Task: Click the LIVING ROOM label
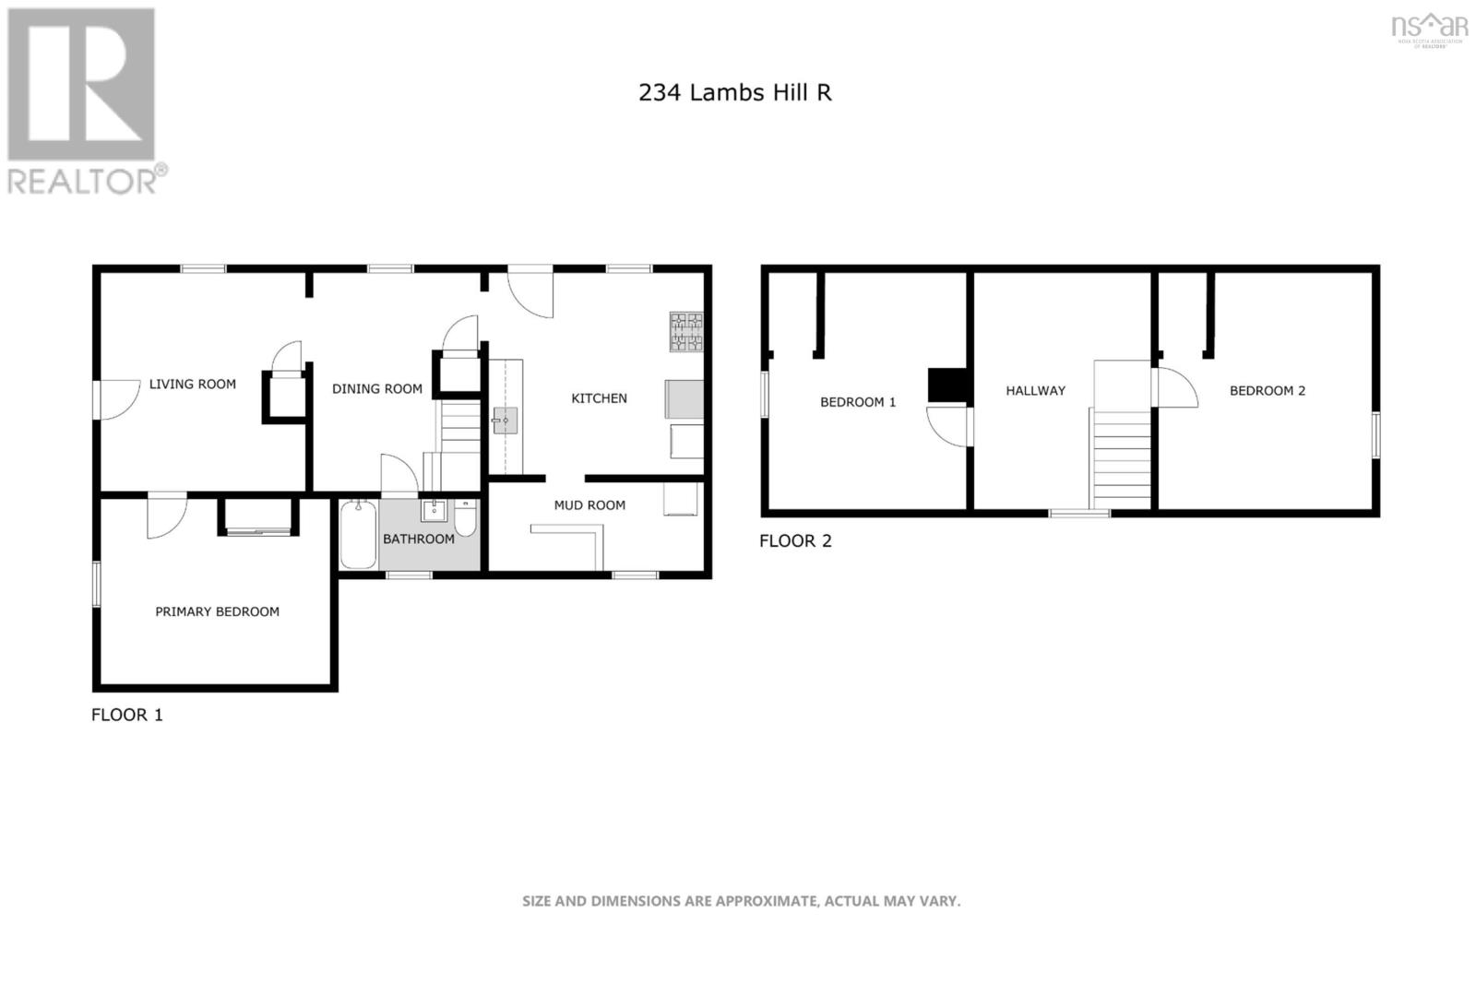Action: pyautogui.click(x=192, y=385)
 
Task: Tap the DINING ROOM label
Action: pyautogui.click(x=376, y=389)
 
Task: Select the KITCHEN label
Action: pyautogui.click(x=599, y=398)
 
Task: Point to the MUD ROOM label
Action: pyautogui.click(x=589, y=505)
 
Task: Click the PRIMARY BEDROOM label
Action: pyautogui.click(x=217, y=611)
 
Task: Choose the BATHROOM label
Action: pyautogui.click(x=418, y=539)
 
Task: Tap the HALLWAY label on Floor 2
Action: pyautogui.click(x=1035, y=391)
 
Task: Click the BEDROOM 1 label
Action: pyautogui.click(x=858, y=402)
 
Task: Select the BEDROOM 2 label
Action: pyautogui.click(x=1267, y=391)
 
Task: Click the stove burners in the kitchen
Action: pyautogui.click(x=685, y=332)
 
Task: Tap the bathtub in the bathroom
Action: pyautogui.click(x=358, y=535)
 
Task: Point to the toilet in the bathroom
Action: pyautogui.click(x=466, y=519)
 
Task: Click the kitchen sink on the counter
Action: pyautogui.click(x=505, y=421)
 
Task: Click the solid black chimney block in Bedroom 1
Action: pyautogui.click(x=946, y=385)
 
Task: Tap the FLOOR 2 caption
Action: pyautogui.click(x=795, y=541)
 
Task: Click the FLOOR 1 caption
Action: pyautogui.click(x=126, y=715)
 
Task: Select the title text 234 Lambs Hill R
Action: pyautogui.click(x=734, y=92)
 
